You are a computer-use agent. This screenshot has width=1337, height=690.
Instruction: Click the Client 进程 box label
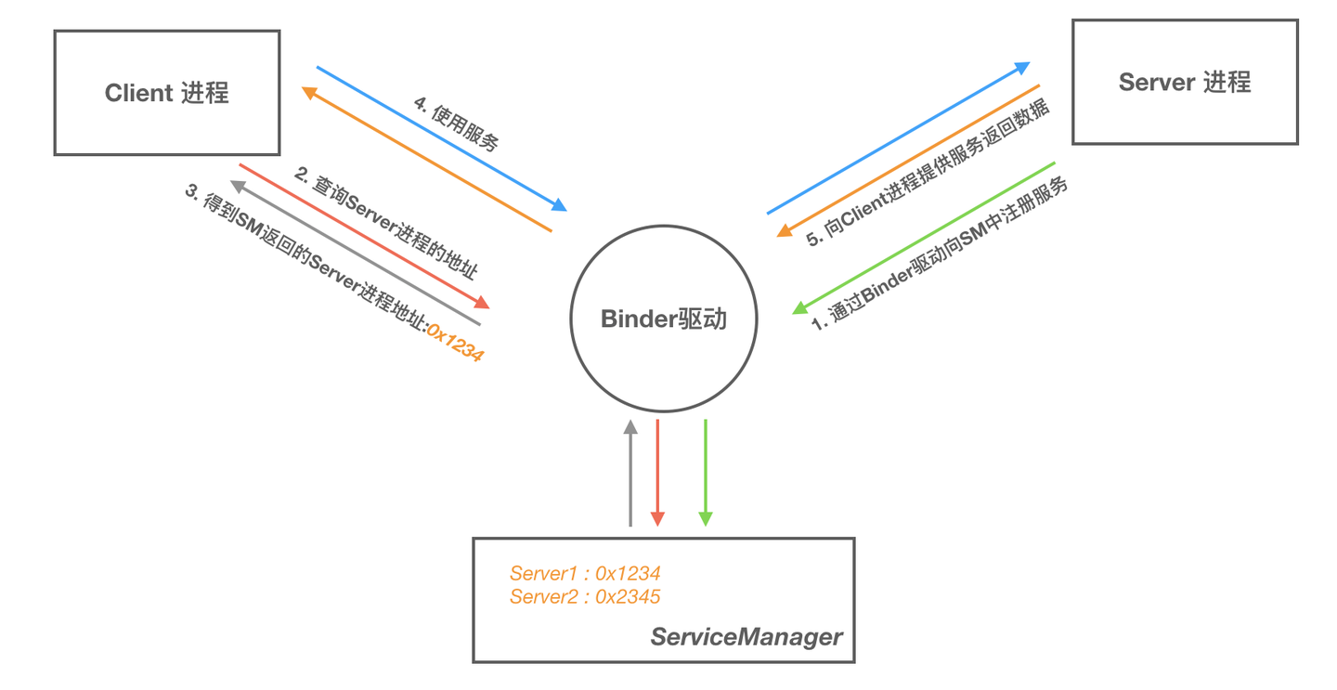(x=167, y=93)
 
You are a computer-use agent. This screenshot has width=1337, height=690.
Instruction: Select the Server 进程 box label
(x=1185, y=83)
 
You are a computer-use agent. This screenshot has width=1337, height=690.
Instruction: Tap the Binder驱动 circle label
(x=663, y=319)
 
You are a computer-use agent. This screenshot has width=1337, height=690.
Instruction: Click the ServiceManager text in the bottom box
(x=746, y=637)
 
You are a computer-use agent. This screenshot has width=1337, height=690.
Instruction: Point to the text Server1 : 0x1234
(x=584, y=573)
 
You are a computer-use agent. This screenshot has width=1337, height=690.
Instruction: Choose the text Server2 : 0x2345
(x=584, y=596)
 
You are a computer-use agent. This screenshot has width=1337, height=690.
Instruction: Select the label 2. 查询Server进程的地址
(x=385, y=223)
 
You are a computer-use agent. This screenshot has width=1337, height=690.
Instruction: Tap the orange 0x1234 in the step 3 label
(x=455, y=341)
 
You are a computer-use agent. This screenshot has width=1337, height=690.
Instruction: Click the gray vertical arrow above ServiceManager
(x=630, y=474)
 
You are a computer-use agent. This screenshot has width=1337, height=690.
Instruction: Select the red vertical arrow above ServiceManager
(x=657, y=474)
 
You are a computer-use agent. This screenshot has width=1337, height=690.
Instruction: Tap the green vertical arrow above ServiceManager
(x=706, y=474)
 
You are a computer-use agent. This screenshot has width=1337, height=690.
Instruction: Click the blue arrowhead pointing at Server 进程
(x=1022, y=68)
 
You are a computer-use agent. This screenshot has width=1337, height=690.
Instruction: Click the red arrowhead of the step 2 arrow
(x=481, y=303)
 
